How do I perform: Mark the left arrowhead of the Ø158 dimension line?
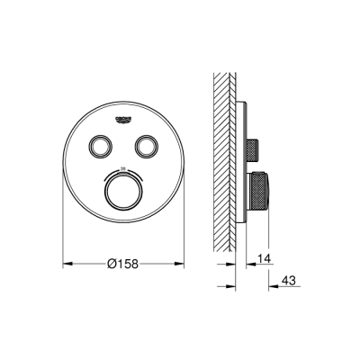pyautogui.click(x=67, y=264)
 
